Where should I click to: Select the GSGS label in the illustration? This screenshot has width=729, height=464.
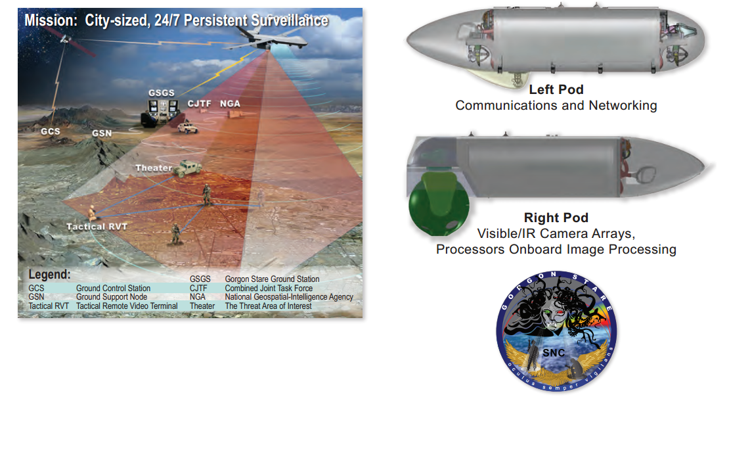coord(162,93)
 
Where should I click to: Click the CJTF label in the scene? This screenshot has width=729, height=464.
coord(198,103)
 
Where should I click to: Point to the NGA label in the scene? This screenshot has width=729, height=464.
coord(230,103)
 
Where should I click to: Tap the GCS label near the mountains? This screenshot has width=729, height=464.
coord(50,131)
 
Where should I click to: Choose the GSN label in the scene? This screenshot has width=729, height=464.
coord(102,133)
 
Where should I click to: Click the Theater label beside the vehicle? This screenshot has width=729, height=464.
coord(153,168)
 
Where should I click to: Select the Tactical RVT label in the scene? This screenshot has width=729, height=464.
coord(97,227)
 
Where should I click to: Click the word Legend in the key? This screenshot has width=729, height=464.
coord(49,275)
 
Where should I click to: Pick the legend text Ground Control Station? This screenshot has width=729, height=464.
coord(113,289)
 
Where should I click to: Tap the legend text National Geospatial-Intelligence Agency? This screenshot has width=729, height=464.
coord(289,297)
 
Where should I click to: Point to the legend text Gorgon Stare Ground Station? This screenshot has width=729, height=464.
coord(272,280)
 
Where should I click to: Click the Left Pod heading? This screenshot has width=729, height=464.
coord(556,90)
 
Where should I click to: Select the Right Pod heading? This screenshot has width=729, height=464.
coord(556,218)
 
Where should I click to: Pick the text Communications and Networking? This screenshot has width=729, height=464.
coord(556,105)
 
